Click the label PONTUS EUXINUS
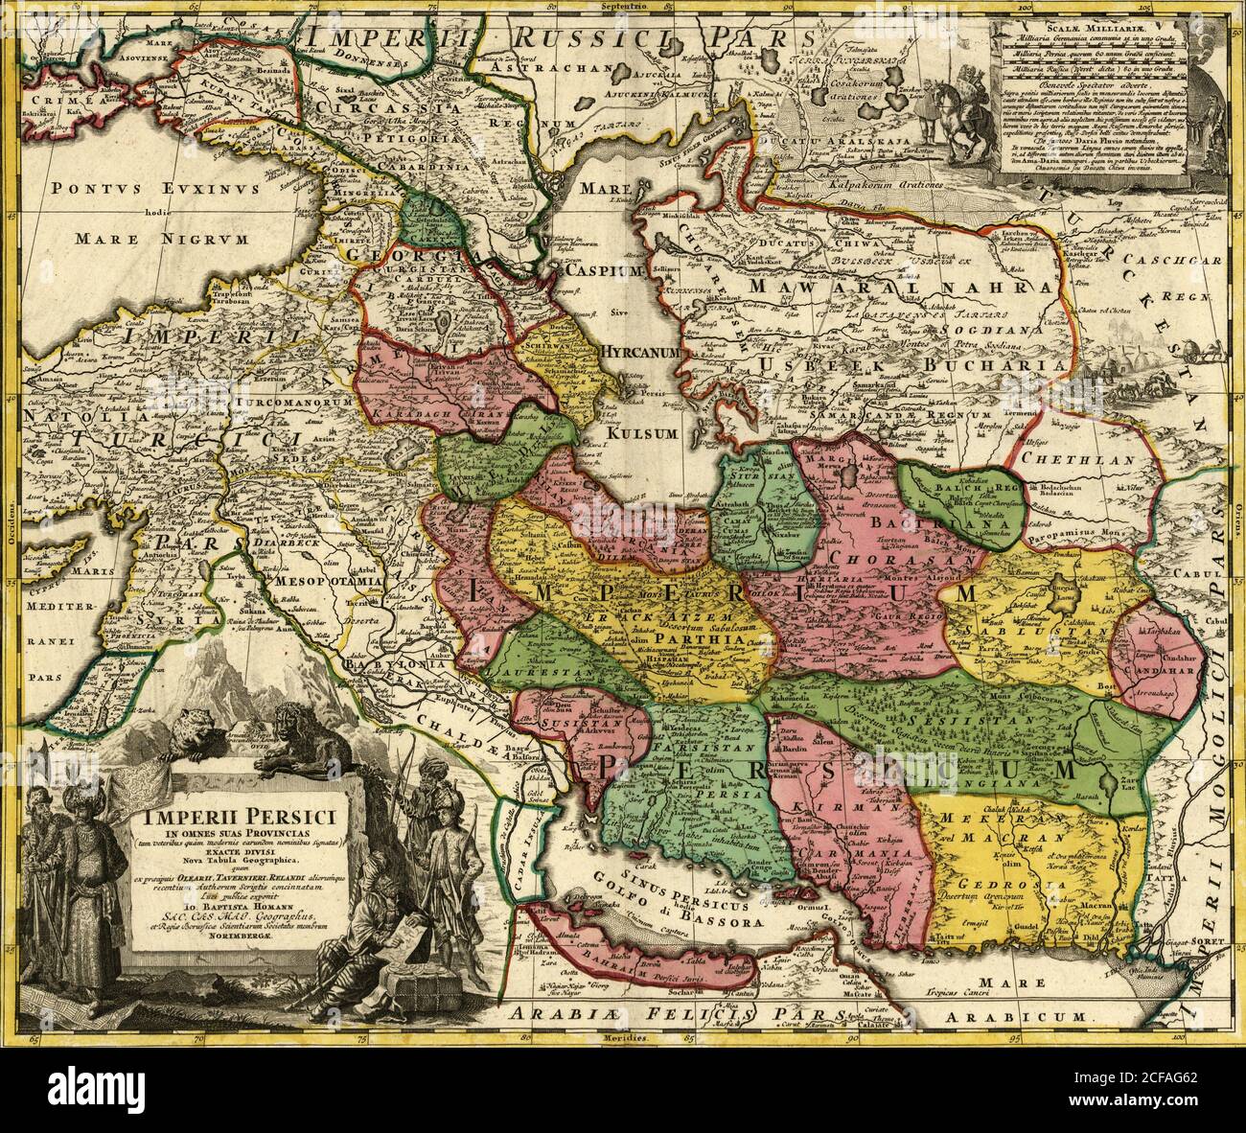[x=155, y=190]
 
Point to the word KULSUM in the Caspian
[x=641, y=433]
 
